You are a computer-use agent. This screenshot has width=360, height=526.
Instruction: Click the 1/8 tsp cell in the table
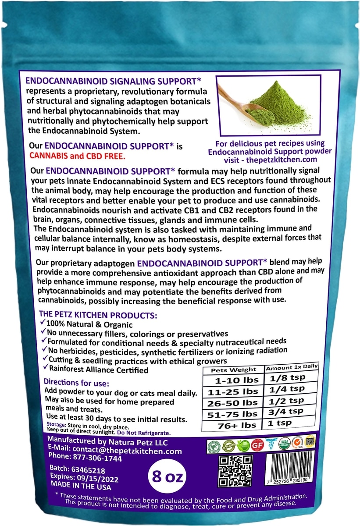pyautogui.click(x=287, y=378)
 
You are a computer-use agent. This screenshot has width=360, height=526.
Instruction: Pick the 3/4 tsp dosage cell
pyautogui.click(x=287, y=412)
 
